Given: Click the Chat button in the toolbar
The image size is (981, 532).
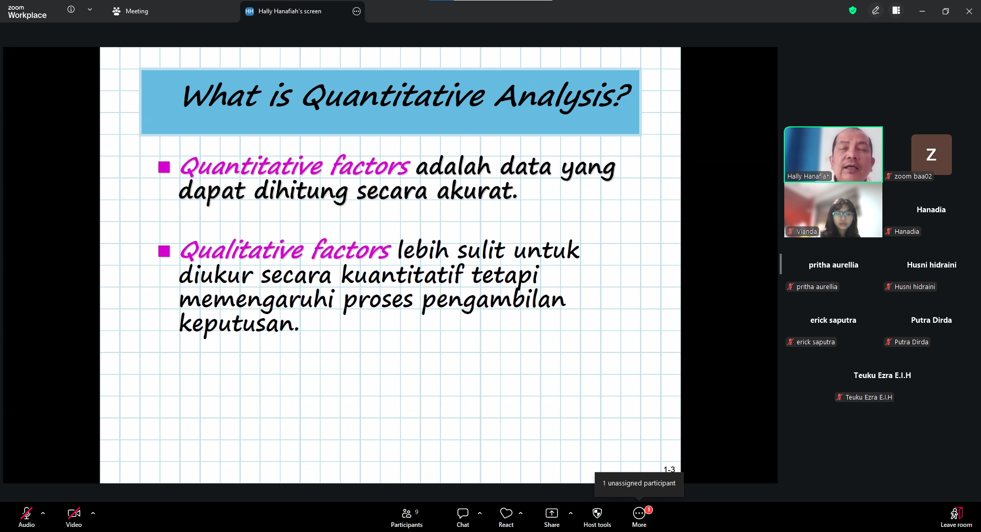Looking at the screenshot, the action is tap(463, 517).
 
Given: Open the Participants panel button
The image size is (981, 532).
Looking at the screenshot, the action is tap(407, 517).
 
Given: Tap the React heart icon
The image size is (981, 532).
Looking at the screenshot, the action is tap(506, 513).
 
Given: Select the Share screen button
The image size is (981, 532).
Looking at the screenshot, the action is tap(552, 517).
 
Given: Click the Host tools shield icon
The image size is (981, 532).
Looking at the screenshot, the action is tap(597, 513).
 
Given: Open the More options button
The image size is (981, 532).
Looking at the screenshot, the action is tap(639, 517).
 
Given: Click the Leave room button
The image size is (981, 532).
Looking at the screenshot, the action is tap(956, 517).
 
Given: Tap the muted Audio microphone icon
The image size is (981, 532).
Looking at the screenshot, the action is tap(27, 513).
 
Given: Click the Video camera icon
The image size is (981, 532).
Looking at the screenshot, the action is tap(74, 513).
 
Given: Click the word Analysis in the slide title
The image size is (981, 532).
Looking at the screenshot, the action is tap(563, 97).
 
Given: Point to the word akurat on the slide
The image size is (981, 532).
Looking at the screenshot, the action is tap(477, 191).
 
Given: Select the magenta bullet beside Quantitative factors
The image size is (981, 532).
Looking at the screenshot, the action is tap(164, 167).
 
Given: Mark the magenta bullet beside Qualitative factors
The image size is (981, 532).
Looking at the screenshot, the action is tap(164, 251).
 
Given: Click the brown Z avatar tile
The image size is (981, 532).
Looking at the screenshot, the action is tap(931, 154).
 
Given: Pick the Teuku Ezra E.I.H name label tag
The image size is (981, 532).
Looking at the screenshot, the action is tap(865, 397).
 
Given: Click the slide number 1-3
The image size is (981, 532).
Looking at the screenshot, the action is tap(669, 469).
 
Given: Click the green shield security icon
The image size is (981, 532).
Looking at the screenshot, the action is tap(853, 10).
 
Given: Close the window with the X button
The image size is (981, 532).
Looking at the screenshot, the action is tap(969, 11).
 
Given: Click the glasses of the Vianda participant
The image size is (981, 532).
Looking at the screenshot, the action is tap(843, 214).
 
